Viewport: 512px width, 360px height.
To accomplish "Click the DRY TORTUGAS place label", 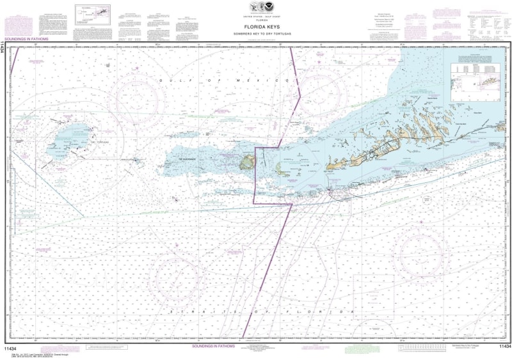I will [96, 143].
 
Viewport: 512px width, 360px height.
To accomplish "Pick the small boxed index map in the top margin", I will [92, 14].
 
